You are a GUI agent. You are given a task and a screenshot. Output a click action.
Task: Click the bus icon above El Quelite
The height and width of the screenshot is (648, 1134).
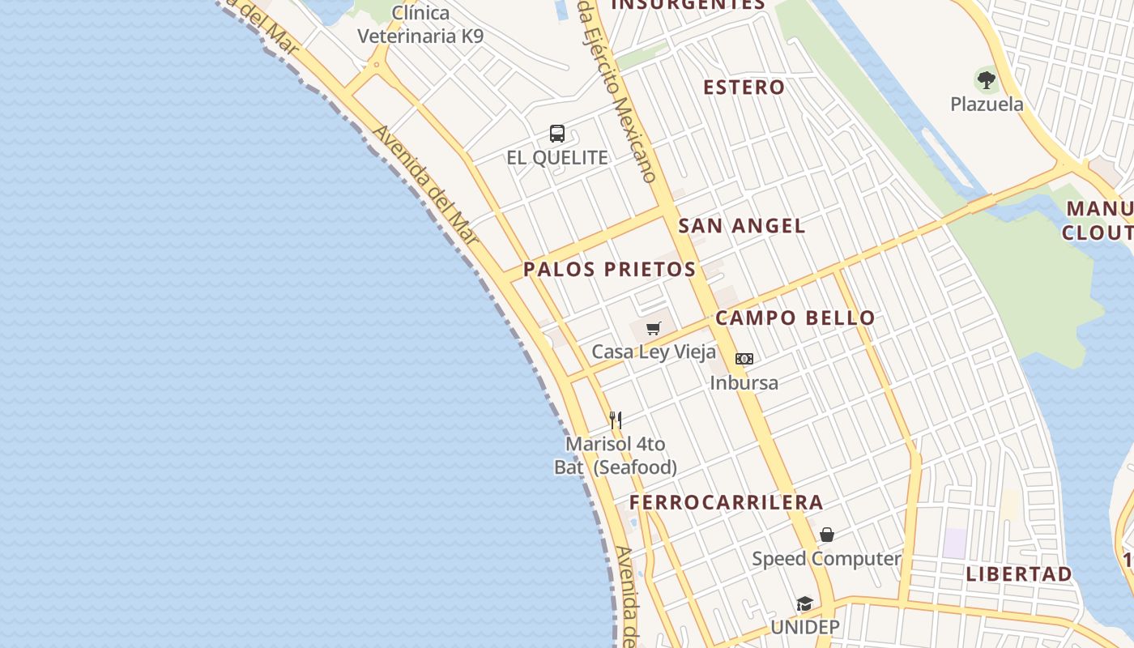pos(557,134)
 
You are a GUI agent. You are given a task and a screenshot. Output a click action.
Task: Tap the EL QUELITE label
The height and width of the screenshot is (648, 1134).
pos(557,158)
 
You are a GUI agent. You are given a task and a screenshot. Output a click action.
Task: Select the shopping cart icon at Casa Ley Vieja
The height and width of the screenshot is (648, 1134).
pos(654,328)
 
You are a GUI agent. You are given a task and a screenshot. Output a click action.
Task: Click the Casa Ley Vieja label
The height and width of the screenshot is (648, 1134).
pos(654,352)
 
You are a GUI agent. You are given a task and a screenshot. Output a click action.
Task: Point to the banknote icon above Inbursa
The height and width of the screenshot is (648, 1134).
pos(744,359)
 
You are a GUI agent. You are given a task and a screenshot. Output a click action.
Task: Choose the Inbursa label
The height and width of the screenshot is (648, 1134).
pos(744,383)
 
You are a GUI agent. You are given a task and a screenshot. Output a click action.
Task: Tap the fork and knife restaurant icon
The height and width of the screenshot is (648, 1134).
pos(616,420)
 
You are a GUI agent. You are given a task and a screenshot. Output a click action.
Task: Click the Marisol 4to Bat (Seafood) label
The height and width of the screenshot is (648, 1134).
pos(616,456)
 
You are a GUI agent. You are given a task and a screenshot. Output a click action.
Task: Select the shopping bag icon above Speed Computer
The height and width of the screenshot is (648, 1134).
pos(827,535)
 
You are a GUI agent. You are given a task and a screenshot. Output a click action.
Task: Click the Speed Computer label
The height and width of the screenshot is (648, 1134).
pos(826,559)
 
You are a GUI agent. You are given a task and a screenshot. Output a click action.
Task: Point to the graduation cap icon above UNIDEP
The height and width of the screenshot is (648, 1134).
pos(804,603)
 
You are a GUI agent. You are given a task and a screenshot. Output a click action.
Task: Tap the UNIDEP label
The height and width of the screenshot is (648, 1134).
pos(804,628)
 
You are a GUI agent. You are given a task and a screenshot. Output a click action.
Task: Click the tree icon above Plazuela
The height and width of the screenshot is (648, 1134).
pos(987,79)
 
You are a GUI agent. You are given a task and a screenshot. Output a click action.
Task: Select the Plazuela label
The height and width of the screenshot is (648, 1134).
pos(987,104)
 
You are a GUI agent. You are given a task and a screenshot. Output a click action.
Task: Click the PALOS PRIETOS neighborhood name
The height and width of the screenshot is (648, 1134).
pos(609,270)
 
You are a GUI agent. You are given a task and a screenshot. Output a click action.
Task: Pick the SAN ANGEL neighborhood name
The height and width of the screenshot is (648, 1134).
pos(742,226)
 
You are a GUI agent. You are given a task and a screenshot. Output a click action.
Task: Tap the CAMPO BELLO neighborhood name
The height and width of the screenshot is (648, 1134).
pos(795,318)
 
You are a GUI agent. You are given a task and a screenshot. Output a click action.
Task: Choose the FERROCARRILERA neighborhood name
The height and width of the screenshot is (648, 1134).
pos(727,502)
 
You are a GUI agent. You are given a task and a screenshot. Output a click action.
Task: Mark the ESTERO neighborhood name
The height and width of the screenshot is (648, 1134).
pos(744,87)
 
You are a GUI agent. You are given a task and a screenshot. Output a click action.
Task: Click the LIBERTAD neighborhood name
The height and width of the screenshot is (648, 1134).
pos(1019,574)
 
